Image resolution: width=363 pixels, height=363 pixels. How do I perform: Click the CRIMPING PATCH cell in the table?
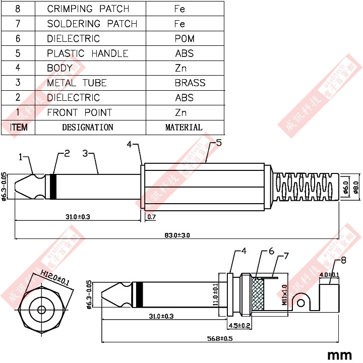88,9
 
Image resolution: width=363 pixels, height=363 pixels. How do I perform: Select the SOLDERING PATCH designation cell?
92,24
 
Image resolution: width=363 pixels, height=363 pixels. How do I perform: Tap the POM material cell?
184,39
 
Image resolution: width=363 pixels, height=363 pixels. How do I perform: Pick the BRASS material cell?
190,83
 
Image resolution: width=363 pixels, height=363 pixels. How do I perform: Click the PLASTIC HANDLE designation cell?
87,53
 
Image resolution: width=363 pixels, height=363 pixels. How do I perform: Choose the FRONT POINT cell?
79,112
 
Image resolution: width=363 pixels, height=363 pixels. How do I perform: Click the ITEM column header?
19,128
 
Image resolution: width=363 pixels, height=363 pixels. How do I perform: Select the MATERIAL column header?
184,128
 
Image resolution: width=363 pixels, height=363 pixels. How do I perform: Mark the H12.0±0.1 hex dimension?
55,278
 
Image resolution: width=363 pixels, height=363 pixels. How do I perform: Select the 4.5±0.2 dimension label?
239,325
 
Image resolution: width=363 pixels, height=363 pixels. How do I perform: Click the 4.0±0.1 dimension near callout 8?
329,275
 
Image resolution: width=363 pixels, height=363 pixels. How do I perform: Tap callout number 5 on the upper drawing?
218,143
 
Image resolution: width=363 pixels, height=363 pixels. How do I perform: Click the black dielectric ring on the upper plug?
54,187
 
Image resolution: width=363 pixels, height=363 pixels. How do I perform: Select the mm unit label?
339,354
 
